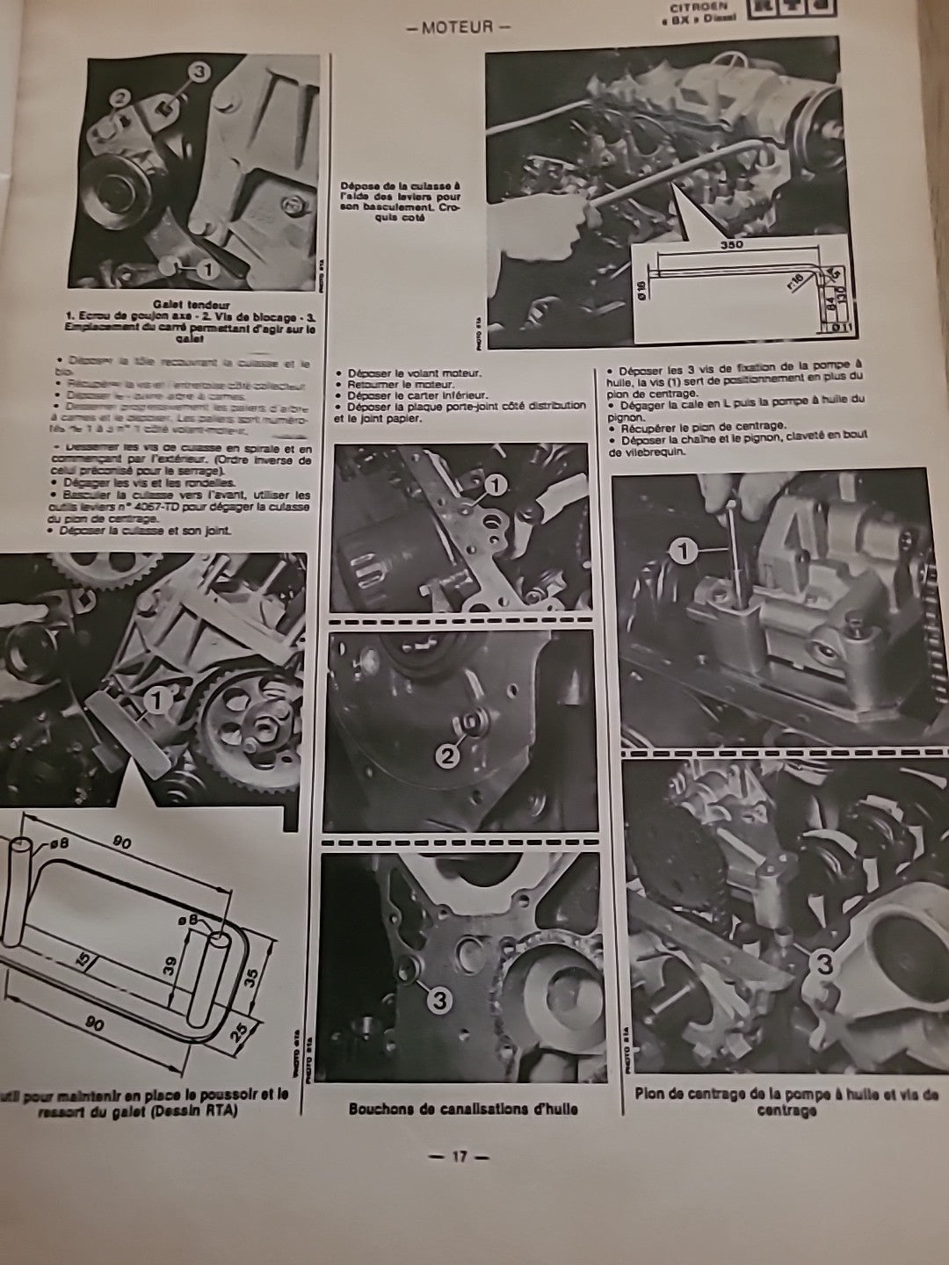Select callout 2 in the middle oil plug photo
point(448,755)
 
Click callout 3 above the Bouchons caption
point(437,998)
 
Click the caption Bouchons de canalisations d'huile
point(463,1109)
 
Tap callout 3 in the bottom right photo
point(824,964)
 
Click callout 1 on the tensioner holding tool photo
point(156,700)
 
